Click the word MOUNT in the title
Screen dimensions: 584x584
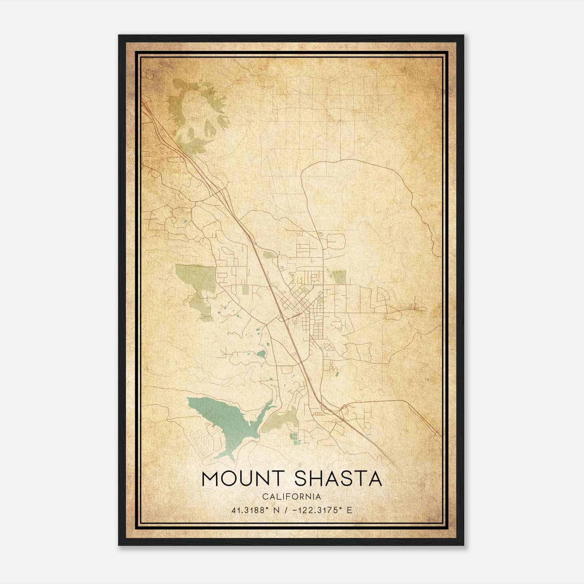[x=243, y=479]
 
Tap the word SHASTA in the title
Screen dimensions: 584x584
[x=338, y=479]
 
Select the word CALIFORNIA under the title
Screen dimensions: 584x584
[x=292, y=497]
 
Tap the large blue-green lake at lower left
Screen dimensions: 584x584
[x=219, y=420]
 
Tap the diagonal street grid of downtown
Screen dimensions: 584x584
[x=296, y=299]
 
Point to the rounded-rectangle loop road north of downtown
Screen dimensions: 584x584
[x=336, y=241]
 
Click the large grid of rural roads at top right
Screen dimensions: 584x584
[x=328, y=106]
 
